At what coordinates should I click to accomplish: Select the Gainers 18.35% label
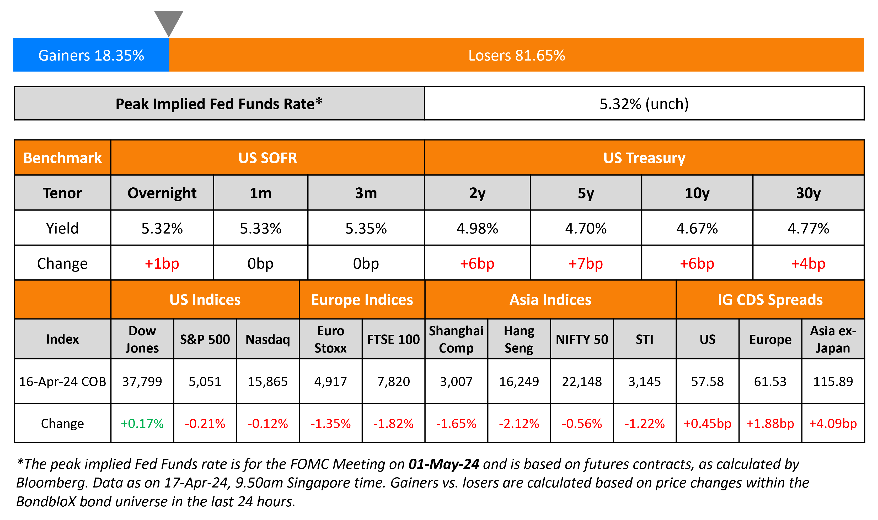[91, 55]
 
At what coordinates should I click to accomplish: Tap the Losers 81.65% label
[517, 55]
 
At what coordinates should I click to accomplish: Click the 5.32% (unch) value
[644, 104]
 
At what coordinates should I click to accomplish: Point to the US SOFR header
[267, 158]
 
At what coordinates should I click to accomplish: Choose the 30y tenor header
[808, 193]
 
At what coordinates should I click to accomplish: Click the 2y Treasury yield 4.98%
[477, 229]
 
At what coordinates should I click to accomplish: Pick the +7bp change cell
[585, 263]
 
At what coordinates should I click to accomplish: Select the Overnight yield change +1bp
[162, 263]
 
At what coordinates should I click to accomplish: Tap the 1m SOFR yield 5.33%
[260, 229]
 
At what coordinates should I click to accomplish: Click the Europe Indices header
[362, 300]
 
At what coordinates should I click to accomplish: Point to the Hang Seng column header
[519, 339]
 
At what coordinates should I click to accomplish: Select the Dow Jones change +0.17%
[142, 424]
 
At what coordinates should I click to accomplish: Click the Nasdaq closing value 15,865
[268, 382]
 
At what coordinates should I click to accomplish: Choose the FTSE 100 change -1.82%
[393, 424]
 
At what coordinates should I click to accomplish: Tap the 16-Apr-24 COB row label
[62, 382]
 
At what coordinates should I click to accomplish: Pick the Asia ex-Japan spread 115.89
[833, 382]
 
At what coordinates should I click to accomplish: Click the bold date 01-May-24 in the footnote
[444, 464]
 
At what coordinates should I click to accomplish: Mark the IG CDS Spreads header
[770, 300]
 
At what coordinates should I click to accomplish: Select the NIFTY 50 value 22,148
[582, 382]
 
